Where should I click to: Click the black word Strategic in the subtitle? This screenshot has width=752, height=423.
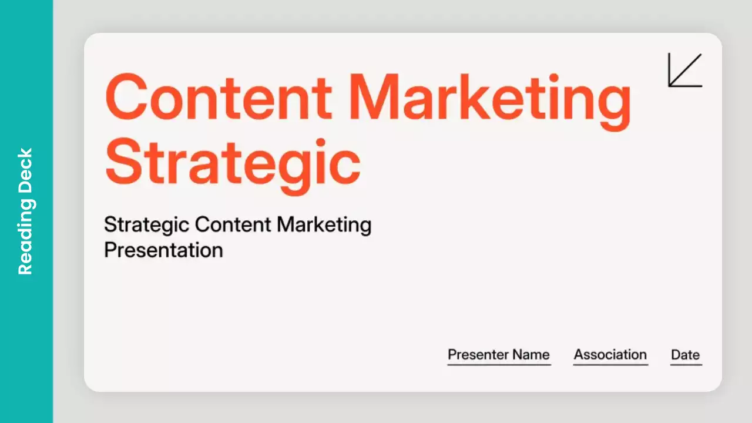click(146, 225)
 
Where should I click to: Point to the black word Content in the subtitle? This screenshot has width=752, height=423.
click(233, 224)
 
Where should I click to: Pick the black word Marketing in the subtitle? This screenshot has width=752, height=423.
click(324, 225)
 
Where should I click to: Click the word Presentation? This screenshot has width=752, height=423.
click(163, 250)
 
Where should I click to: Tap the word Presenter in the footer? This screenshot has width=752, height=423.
click(477, 355)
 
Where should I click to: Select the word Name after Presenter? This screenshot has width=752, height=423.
click(531, 355)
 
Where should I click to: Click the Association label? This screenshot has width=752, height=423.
click(610, 355)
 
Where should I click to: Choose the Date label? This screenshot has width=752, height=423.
click(685, 355)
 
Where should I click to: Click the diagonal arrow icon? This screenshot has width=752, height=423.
click(685, 70)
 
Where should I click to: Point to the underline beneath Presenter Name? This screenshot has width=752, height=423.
click(499, 365)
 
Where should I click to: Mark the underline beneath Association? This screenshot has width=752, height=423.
click(610, 365)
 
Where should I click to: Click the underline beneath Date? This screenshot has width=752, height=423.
click(686, 365)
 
